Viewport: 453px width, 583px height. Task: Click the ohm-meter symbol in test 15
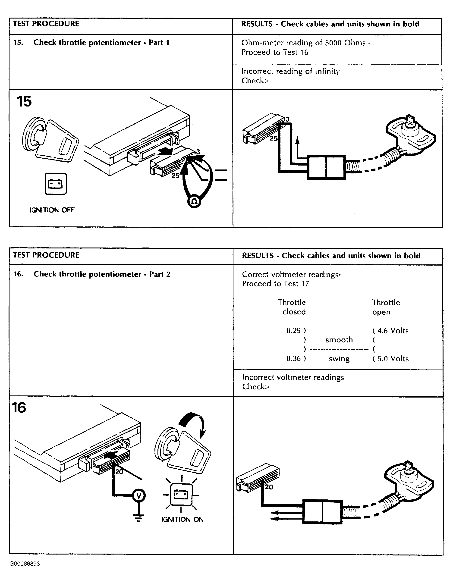194,201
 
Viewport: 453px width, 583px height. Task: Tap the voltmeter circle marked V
138,496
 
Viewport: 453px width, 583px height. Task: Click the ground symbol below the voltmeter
138,518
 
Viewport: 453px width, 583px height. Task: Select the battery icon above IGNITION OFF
56,184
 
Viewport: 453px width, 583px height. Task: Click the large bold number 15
24,102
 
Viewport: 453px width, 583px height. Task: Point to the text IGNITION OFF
52,210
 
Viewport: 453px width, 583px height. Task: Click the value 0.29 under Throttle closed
293,330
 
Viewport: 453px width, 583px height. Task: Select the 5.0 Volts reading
393,358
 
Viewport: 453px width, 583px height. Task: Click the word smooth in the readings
339,340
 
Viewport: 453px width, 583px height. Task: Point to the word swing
339,358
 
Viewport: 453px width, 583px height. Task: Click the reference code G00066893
25,564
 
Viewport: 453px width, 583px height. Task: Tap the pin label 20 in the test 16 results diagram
269,487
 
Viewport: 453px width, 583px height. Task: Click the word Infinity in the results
327,71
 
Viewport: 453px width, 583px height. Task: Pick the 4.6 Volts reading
393,330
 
